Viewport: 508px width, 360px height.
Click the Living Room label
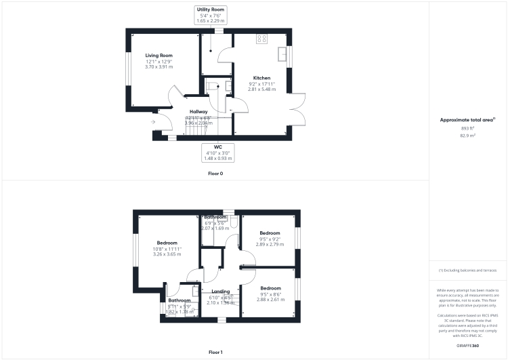(x=158, y=56)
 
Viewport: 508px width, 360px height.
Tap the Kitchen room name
(x=261, y=77)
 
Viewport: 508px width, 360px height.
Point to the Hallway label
(x=198, y=111)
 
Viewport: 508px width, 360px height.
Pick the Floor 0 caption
(x=215, y=174)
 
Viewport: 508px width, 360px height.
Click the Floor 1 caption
(x=215, y=352)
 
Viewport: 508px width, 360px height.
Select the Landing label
(x=220, y=292)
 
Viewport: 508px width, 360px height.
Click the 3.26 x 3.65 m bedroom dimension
(x=167, y=254)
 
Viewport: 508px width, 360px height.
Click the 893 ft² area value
(x=468, y=128)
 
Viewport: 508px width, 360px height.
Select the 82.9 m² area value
(x=468, y=136)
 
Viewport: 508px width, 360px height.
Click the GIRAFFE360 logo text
(x=467, y=346)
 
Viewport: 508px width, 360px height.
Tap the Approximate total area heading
(x=467, y=119)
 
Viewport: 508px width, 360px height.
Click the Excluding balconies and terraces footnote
(x=467, y=270)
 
